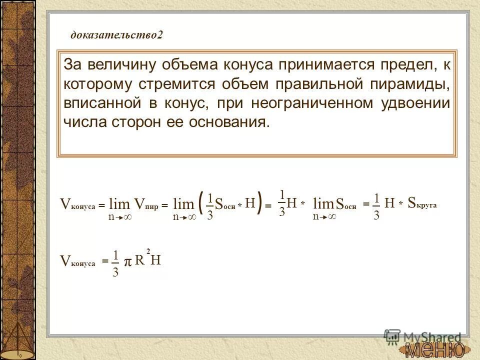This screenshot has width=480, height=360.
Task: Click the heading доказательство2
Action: [x=117, y=35]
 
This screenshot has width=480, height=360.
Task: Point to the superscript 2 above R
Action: [x=148, y=249]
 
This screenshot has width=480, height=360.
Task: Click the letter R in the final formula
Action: [x=139, y=260]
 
